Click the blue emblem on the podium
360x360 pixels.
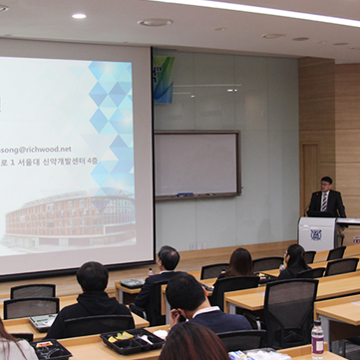click(x=317, y=235)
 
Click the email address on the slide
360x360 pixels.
click(x=36, y=149)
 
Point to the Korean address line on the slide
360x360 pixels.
click(x=60, y=169)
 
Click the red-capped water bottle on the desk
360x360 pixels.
click(x=317, y=336)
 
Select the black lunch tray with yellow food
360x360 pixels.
click(x=131, y=341)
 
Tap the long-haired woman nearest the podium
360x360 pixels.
click(x=295, y=259)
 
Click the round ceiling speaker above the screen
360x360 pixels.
click(x=155, y=22)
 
